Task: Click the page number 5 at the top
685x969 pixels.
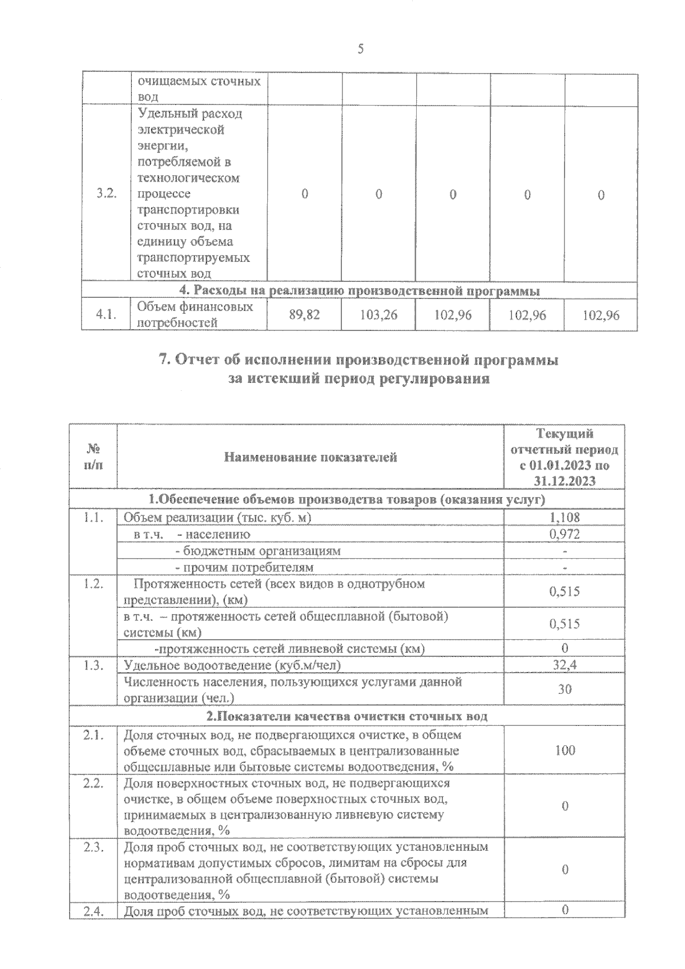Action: point(360,49)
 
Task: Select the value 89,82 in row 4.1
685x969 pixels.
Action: point(305,314)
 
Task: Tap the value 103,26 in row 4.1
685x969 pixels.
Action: point(379,314)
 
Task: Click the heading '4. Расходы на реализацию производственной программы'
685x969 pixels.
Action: point(360,291)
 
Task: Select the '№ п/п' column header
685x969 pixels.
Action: point(94,457)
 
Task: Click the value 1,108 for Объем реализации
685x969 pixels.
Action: point(565,518)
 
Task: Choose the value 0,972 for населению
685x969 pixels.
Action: point(565,534)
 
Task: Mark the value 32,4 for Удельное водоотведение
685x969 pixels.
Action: point(565,665)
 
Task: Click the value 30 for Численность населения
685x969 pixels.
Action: point(565,689)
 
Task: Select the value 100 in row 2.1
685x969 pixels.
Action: point(565,750)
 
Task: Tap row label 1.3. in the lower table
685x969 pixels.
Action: point(93,665)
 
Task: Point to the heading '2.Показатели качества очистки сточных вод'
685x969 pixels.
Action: point(347,716)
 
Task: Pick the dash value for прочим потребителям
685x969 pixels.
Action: point(565,568)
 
